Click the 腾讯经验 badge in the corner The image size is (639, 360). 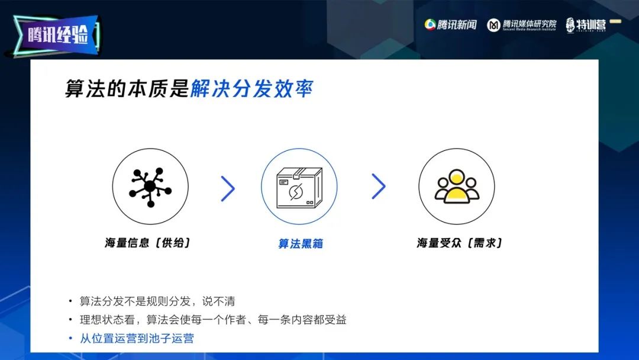pos(56,35)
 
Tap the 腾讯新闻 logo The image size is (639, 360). pos(450,25)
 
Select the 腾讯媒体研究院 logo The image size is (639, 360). pos(522,25)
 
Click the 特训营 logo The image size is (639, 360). pos(586,25)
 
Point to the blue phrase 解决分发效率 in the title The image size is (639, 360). pos(252,88)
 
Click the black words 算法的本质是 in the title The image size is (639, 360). pos(127,88)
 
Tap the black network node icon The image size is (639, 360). pos(150,187)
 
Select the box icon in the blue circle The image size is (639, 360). pos(299,188)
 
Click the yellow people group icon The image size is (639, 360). pos(457,187)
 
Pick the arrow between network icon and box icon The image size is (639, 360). pos(228,188)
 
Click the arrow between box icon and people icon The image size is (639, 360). pos(379,187)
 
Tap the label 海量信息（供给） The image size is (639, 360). pos(147,243)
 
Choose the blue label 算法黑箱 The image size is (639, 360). pos(301,244)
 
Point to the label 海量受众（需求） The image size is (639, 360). pos(459,243)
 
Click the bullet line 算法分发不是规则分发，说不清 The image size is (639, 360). pos(157,301)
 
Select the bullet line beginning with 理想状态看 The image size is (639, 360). pos(213,320)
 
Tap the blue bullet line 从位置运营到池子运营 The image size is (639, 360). pos(137,339)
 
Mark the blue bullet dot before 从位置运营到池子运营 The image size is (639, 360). pos(70,339)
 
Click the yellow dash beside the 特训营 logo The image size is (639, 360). pos(615,21)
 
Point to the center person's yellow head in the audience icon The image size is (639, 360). pos(457,178)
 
